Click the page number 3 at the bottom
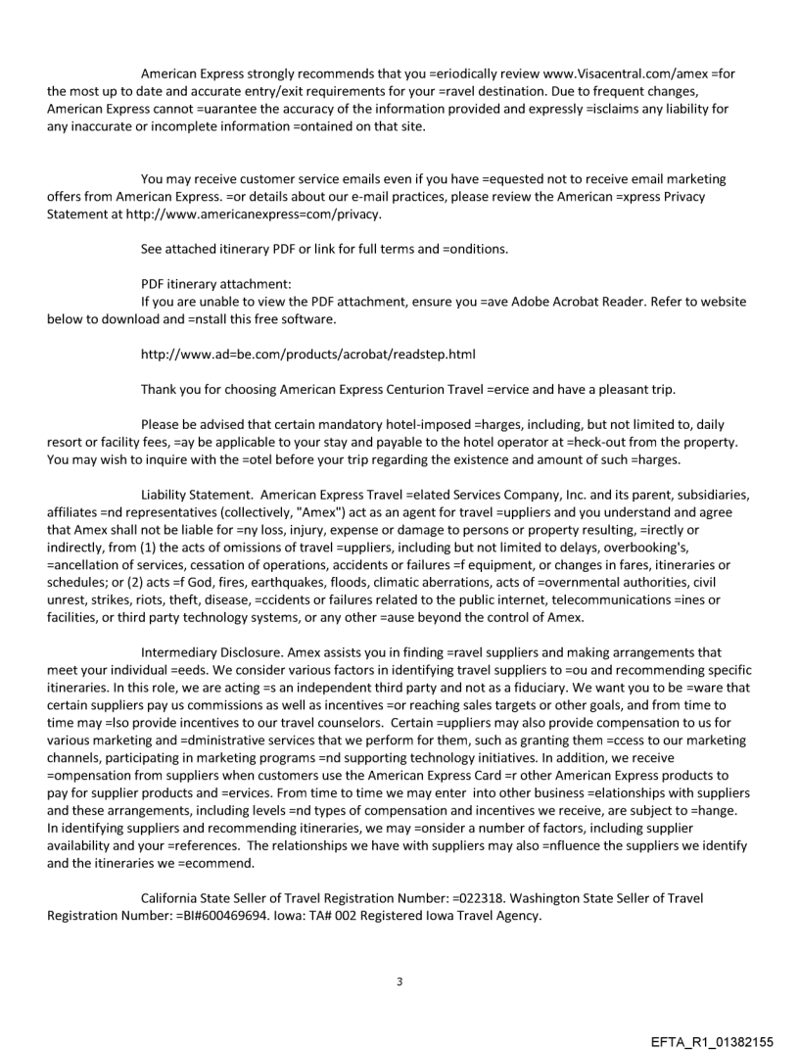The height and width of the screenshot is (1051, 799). click(399, 953)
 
